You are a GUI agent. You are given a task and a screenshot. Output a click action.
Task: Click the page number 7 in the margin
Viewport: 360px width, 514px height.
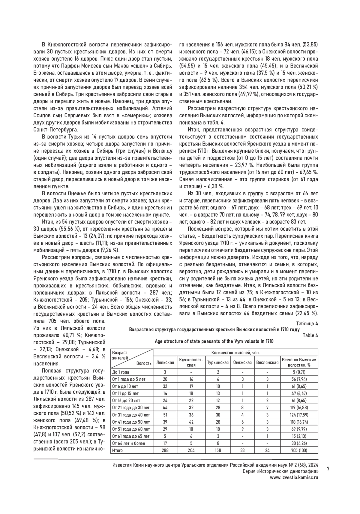[x=328, y=469]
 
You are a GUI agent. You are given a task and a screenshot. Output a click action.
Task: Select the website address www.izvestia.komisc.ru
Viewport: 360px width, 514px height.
[x=294, y=478]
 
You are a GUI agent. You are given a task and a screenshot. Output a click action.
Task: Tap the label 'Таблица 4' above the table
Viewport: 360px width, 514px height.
[x=307, y=323]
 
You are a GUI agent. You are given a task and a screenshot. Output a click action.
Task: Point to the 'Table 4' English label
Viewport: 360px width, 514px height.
[x=310, y=335]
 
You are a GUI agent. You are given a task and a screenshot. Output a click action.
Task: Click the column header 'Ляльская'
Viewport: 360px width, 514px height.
[x=165, y=362]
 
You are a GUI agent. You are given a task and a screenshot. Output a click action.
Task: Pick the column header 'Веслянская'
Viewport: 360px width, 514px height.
[x=267, y=362]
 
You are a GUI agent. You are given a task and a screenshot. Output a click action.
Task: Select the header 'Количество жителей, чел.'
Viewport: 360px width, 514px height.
[x=235, y=353]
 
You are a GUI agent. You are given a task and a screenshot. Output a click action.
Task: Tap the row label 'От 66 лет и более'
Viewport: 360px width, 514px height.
[x=128, y=443]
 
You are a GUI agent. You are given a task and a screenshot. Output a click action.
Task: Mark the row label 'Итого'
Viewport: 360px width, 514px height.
[x=117, y=450]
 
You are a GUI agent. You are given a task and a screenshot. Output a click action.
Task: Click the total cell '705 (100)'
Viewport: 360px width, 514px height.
[x=299, y=450]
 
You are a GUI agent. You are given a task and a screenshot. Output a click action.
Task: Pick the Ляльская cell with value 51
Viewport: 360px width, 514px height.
[x=165, y=415]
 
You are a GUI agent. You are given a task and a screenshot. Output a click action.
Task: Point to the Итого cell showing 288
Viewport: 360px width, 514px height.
[x=165, y=450]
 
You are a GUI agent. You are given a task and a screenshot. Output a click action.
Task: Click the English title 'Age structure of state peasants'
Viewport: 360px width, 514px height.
[x=214, y=341]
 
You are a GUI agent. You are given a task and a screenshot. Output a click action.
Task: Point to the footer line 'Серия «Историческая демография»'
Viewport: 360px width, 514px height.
[x=280, y=471]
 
